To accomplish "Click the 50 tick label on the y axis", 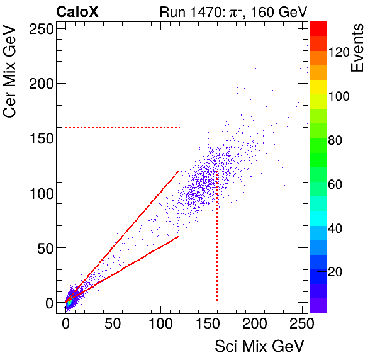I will [x=45, y=248].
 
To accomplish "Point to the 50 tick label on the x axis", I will [x=113, y=324].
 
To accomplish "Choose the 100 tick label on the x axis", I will [x=160, y=324].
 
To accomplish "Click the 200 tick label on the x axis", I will [x=255, y=324].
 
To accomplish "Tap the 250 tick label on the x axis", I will [x=302, y=324].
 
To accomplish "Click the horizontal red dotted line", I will [x=123, y=127].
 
